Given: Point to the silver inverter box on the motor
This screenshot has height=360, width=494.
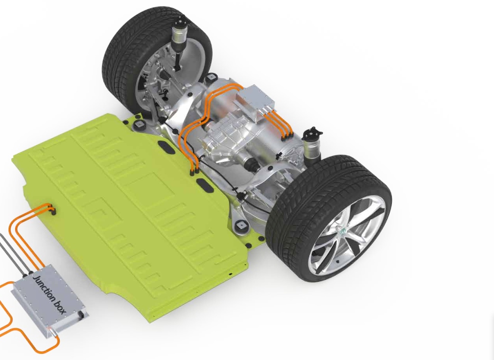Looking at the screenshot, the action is point(255,100).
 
